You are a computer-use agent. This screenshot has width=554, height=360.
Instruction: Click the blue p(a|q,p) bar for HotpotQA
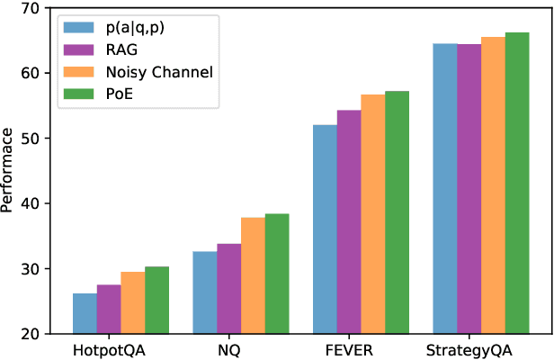(85, 313)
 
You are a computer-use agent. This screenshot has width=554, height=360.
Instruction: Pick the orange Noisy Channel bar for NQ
(253, 275)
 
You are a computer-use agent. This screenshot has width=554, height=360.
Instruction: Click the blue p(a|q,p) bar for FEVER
(325, 229)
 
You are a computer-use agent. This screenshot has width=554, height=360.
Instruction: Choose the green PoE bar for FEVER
(397, 212)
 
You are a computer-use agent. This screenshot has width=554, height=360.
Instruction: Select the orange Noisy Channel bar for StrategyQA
(493, 185)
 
